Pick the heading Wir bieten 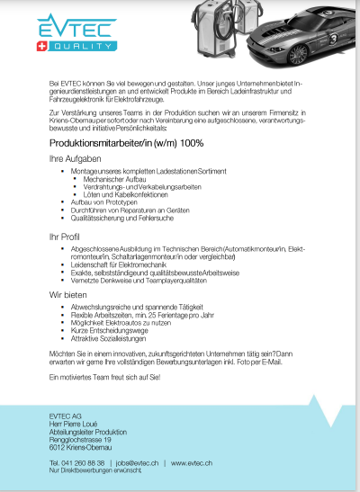[67, 294]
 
